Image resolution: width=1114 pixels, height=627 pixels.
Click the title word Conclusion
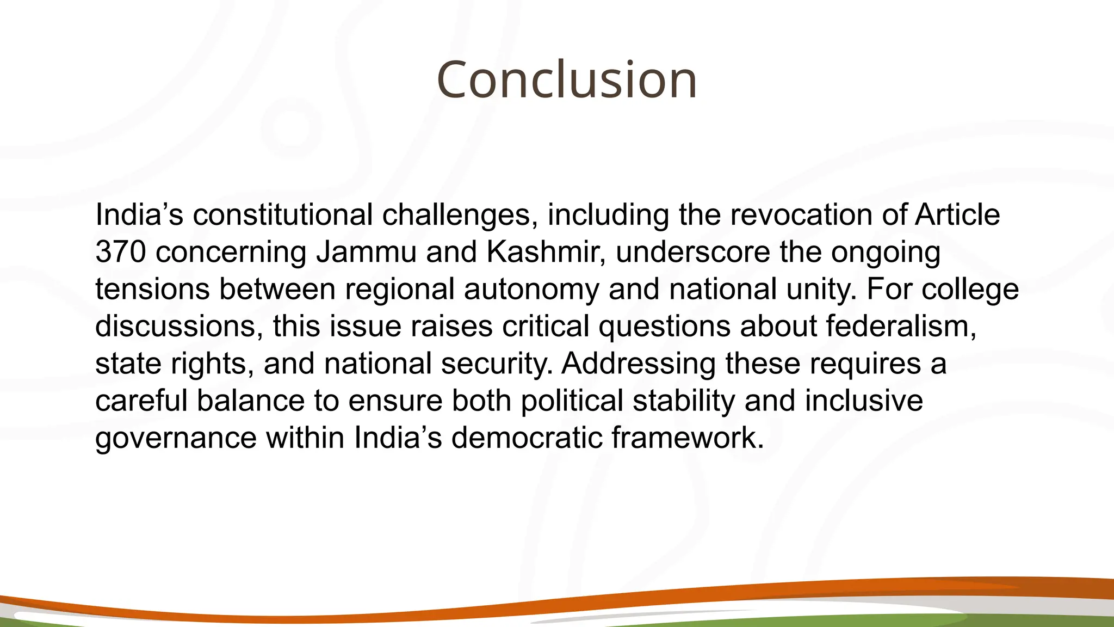pos(566,80)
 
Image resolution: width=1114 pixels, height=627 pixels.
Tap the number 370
pos(120,251)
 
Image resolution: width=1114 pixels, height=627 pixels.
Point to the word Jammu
pos(366,251)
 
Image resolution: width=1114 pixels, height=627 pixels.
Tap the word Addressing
pos(639,364)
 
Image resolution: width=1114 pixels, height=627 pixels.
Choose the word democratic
pos(527,438)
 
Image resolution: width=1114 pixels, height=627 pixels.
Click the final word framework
pos(688,438)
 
